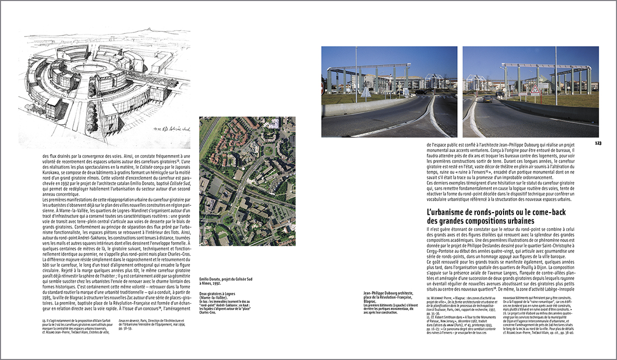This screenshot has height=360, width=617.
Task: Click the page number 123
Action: (x=598, y=143)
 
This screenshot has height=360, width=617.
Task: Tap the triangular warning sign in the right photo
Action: (x=535, y=89)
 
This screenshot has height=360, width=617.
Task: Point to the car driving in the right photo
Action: (x=487, y=99)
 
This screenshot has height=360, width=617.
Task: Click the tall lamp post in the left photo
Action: (x=356, y=73)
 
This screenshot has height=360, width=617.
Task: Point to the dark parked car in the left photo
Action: (x=421, y=92)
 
